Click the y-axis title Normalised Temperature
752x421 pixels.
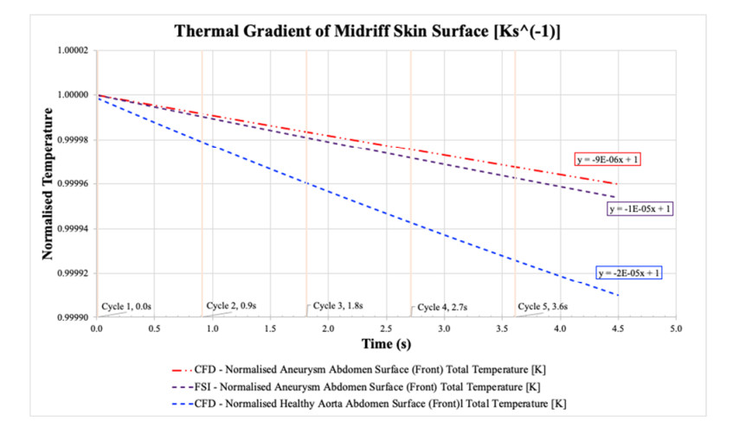(49, 186)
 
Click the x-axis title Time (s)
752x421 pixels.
(386, 343)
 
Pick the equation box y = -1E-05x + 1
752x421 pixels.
(640, 209)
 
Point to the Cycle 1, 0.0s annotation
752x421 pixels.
(126, 306)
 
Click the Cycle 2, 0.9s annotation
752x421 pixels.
(233, 306)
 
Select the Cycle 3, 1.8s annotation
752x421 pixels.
(337, 306)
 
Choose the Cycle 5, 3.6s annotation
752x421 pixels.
(543, 306)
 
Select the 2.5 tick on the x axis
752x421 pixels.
(386, 329)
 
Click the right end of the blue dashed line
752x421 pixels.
(618, 296)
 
